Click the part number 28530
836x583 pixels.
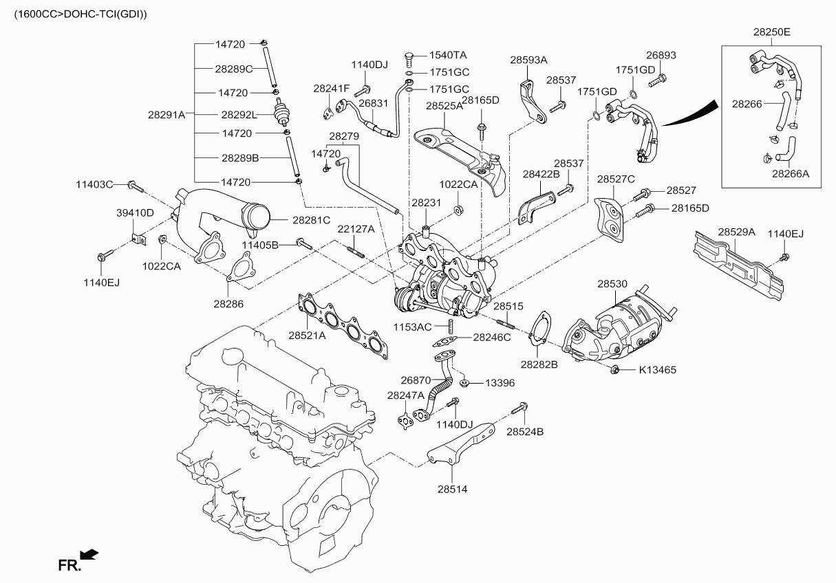[612, 283]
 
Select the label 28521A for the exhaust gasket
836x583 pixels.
[307, 335]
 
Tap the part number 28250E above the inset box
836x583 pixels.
[771, 32]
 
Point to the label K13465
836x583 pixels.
[657, 370]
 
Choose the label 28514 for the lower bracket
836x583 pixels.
[451, 489]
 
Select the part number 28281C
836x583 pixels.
[311, 220]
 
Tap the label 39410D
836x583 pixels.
[134, 212]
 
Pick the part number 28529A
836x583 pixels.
[736, 233]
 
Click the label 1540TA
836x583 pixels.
[448, 55]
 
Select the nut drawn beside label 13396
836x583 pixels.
[466, 382]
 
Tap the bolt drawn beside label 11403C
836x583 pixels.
[135, 185]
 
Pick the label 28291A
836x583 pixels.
[167, 115]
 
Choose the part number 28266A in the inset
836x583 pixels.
[790, 174]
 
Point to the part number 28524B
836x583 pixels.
[525, 432]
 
